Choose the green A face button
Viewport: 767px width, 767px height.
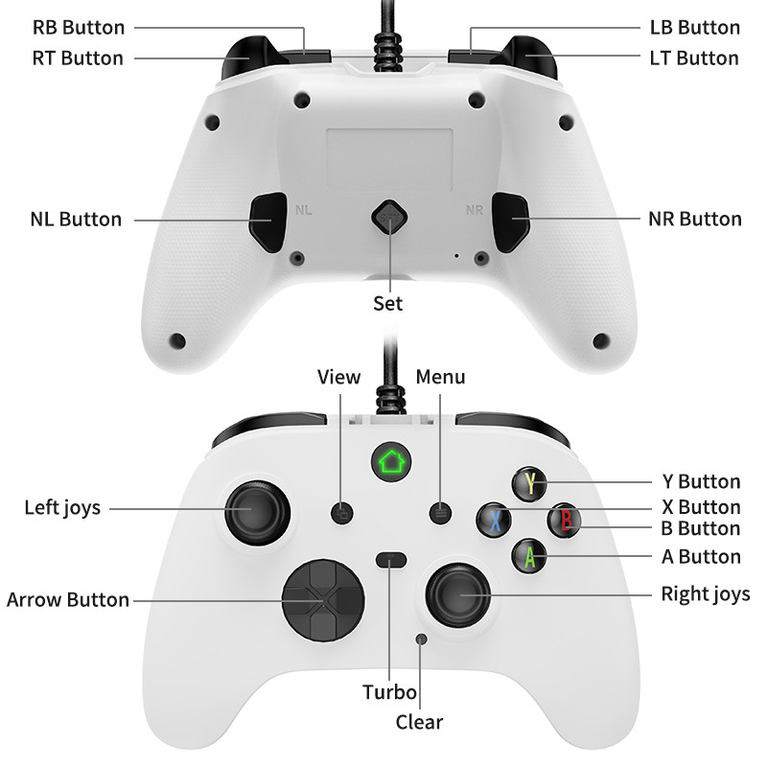[528, 555]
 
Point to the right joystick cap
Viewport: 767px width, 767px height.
[458, 595]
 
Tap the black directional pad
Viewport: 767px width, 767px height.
[322, 600]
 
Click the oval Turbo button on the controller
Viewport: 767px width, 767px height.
[390, 561]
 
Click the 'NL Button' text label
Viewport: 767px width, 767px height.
[76, 220]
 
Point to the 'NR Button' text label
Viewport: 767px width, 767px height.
[695, 220]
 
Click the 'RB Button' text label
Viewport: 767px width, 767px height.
[79, 28]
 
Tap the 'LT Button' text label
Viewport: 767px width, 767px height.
[694, 58]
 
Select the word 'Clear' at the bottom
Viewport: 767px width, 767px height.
[419, 722]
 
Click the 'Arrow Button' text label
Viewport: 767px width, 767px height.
[68, 600]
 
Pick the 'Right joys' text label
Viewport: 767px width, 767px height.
[706, 594]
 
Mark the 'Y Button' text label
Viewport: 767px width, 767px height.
[702, 482]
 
